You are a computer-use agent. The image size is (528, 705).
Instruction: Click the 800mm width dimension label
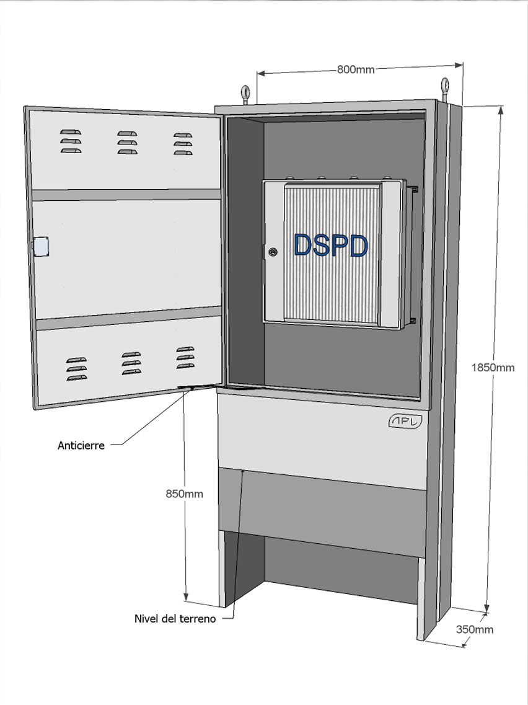[x=356, y=69]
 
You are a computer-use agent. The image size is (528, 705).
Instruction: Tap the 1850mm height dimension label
[x=493, y=368]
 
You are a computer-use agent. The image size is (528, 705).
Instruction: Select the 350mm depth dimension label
[x=475, y=629]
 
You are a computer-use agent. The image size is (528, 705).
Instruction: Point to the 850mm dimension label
[x=184, y=494]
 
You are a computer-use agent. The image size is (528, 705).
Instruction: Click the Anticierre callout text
[x=81, y=446]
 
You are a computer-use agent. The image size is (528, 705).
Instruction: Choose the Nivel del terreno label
[x=175, y=619]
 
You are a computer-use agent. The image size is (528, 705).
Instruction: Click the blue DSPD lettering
[x=331, y=246]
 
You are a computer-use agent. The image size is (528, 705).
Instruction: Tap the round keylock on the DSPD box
[x=273, y=252]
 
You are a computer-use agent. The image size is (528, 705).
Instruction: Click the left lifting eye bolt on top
[x=245, y=94]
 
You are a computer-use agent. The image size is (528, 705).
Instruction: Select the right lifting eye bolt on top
[x=444, y=89]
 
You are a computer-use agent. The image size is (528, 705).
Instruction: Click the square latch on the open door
[x=41, y=247]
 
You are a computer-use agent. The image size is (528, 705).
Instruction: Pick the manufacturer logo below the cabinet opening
[x=405, y=422]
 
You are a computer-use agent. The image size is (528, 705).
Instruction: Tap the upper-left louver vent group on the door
[x=71, y=141]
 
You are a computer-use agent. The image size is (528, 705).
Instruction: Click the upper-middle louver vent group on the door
[x=127, y=143]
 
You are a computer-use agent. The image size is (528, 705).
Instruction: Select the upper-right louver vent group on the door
[x=183, y=144]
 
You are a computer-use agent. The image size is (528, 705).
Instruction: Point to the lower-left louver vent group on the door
[x=76, y=369]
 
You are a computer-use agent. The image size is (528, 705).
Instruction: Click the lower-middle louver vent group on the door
[x=131, y=363]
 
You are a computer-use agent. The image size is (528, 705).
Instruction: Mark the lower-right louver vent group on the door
[x=185, y=357]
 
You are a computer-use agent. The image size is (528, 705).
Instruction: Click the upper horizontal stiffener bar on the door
[x=126, y=195]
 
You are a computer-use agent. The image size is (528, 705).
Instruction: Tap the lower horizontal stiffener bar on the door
[x=128, y=318]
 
